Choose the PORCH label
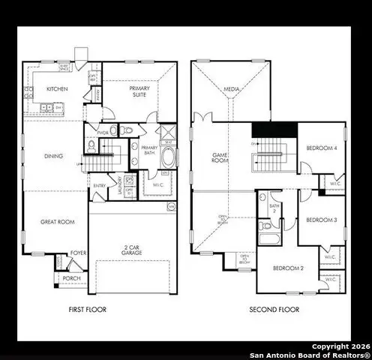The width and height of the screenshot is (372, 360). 72,278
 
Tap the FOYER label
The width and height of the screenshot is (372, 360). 78,253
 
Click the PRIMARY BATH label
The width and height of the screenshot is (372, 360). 148,148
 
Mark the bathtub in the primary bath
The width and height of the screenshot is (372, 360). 169,159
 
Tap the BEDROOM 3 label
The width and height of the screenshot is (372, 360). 321,220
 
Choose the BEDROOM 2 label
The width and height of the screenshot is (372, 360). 287,268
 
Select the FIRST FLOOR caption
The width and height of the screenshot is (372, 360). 88,309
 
